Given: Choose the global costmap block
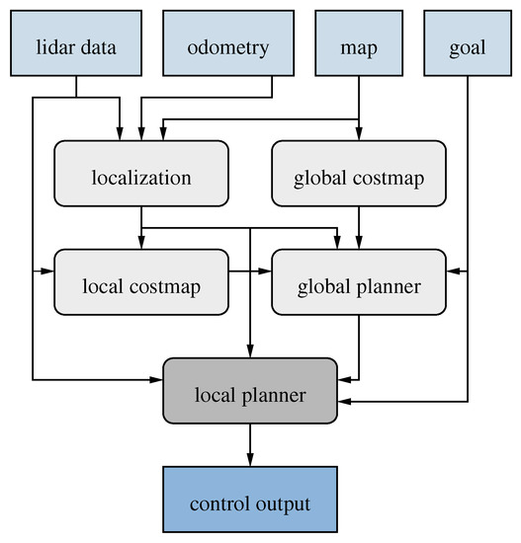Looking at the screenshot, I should tap(359, 179).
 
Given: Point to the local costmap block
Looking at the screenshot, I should tap(141, 287).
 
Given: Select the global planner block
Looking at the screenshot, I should tap(359, 287).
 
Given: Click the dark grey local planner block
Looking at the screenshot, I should tap(250, 396).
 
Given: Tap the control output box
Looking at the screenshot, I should tap(250, 504).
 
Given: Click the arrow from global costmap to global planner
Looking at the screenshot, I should tap(359, 228).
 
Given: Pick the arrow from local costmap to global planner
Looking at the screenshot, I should tap(250, 269).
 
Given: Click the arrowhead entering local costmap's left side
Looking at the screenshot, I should tap(48, 269).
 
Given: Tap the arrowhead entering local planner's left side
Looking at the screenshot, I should tap(157, 378).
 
